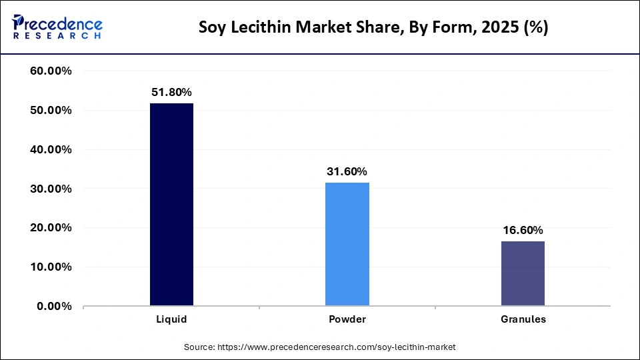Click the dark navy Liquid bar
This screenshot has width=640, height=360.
click(x=171, y=205)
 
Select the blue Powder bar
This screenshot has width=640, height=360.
click(x=347, y=244)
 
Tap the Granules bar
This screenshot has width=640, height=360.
click(x=523, y=273)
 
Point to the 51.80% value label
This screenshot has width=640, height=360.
click(x=171, y=92)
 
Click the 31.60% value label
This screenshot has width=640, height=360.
click(x=347, y=171)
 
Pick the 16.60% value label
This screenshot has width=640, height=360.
click(x=523, y=230)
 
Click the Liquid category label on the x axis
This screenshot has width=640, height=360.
click(x=171, y=319)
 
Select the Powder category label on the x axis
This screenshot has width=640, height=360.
click(x=347, y=319)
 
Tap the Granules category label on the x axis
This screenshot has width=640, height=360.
click(x=523, y=319)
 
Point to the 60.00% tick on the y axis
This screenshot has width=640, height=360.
click(x=51, y=71)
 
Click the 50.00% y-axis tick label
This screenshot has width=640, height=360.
click(x=51, y=110)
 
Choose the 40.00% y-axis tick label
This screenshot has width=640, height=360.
click(x=51, y=149)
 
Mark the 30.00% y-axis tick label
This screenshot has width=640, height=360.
click(x=51, y=189)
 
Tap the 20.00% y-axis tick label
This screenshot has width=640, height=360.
click(x=51, y=228)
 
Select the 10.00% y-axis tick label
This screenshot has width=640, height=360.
click(x=51, y=267)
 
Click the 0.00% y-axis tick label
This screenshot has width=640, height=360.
click(x=54, y=306)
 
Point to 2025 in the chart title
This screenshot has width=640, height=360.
click(x=489, y=29)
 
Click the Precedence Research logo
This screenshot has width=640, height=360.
click(x=57, y=27)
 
